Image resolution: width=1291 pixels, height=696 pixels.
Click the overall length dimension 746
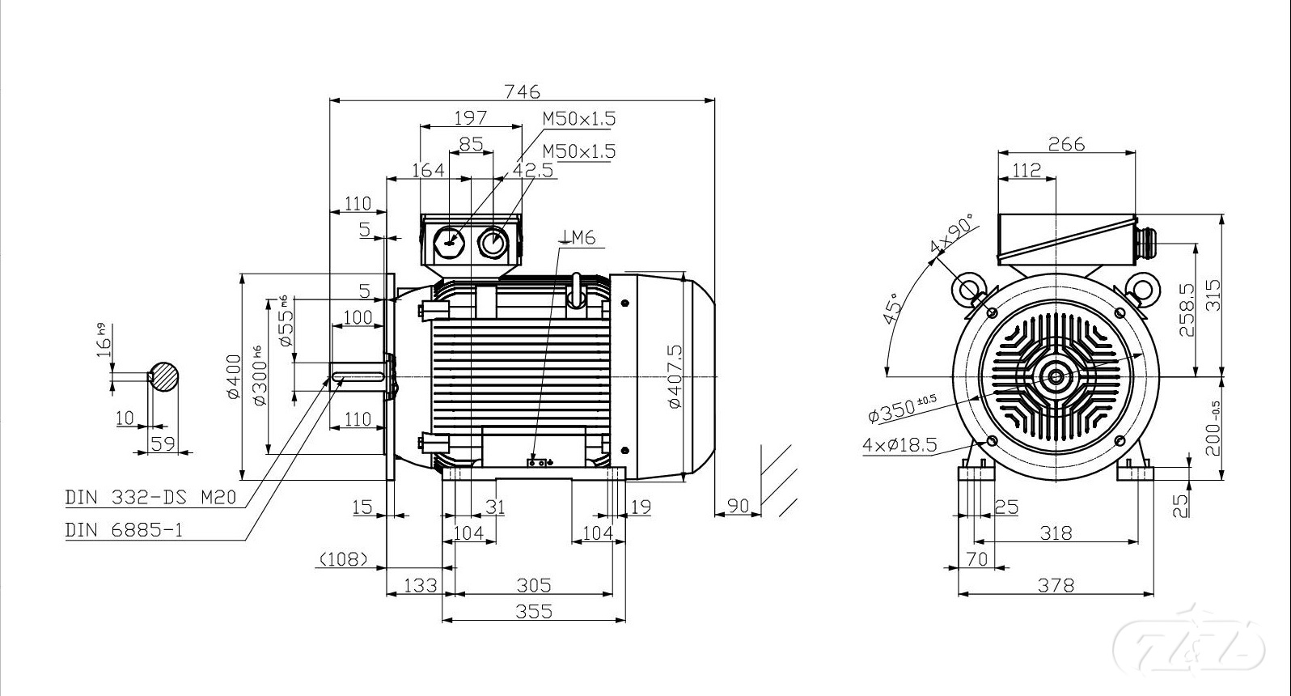tap(522, 91)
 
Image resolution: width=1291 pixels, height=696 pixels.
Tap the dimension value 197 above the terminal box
tap(470, 117)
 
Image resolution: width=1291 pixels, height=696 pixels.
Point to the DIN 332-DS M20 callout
tap(150, 496)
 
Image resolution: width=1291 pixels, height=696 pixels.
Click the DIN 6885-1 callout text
tap(124, 529)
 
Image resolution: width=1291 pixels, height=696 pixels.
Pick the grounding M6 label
tap(579, 237)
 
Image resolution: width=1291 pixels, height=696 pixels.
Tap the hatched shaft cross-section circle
tap(163, 376)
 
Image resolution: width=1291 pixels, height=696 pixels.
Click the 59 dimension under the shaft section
tap(163, 443)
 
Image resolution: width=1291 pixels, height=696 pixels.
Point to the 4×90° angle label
tap(953, 235)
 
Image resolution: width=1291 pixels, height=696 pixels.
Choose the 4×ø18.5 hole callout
tap(899, 444)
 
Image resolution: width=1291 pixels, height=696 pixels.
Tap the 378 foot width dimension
tap(1056, 584)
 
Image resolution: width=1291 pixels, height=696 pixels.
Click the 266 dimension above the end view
tap(1066, 144)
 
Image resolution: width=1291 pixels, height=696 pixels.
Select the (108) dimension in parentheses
tap(344, 558)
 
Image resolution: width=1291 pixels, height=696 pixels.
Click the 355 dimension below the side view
tap(533, 611)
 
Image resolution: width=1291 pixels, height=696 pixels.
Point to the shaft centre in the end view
tap(1056, 376)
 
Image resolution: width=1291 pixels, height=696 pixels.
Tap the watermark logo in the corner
tap(1188, 644)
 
